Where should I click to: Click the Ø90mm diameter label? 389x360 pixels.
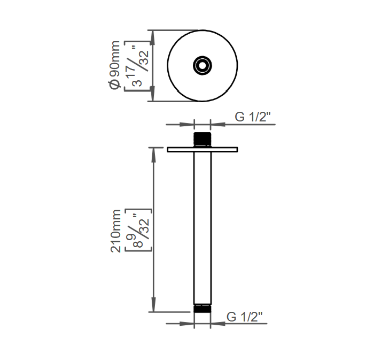[114, 65]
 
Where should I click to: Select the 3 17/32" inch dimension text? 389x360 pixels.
[140, 66]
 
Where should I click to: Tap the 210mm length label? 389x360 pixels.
[115, 231]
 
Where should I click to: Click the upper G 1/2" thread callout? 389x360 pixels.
[253, 117]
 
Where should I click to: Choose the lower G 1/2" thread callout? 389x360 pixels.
[244, 317]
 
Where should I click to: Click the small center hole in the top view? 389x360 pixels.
[203, 66]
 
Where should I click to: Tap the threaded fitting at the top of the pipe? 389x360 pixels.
[203, 140]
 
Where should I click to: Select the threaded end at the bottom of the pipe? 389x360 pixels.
[203, 308]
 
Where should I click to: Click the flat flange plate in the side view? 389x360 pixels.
[203, 149]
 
